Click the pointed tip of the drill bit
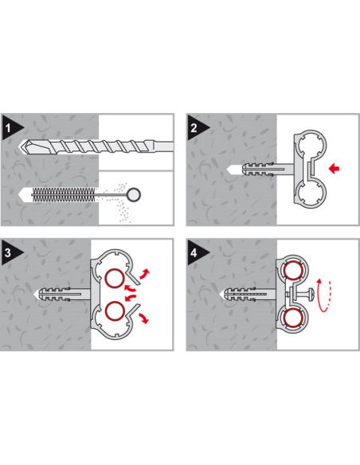[x=20, y=146]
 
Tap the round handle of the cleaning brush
[x=134, y=194]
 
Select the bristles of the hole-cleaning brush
[x=64, y=194]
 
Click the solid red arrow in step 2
[x=335, y=169]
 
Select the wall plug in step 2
[x=258, y=170]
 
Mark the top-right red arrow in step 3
[x=145, y=274]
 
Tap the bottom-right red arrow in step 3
[x=143, y=318]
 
